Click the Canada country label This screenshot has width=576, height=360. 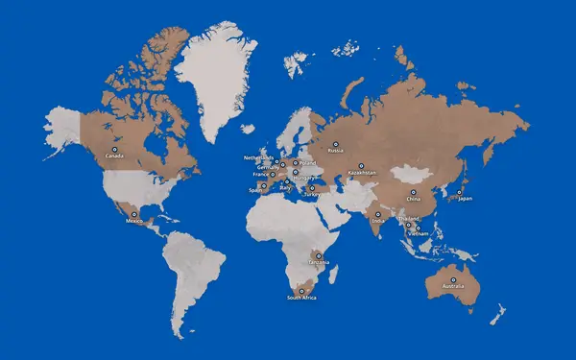(114, 156)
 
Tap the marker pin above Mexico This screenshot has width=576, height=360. (134, 214)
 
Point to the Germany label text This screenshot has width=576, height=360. (269, 166)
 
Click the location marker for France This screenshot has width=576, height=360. (272, 175)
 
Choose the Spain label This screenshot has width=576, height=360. (255, 190)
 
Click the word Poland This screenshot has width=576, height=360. (306, 162)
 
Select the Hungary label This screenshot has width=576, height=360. (304, 178)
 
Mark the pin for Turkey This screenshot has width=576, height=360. (312, 188)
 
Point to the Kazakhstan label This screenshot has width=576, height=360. (362, 173)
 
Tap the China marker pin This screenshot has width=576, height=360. (413, 192)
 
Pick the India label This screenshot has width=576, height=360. (377, 221)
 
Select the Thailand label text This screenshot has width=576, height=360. (408, 220)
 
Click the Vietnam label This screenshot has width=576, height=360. (418, 233)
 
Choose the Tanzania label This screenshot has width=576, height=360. (318, 261)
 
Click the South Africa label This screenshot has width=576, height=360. (301, 298)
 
